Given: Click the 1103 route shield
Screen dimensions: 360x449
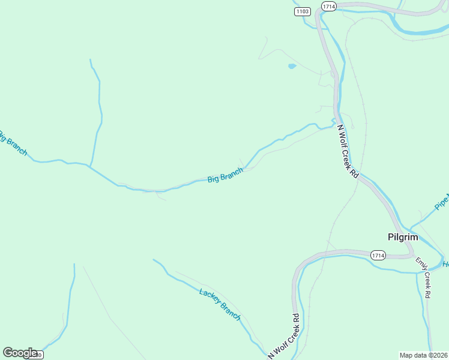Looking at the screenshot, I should [303, 11].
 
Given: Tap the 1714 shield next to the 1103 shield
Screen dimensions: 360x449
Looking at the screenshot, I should [328, 6].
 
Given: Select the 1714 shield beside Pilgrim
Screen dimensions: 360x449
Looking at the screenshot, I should [378, 254].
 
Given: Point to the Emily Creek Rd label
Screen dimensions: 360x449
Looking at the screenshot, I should [423, 278].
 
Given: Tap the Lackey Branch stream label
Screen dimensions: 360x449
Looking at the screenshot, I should [220, 303].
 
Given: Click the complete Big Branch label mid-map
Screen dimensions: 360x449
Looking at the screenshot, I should [225, 176].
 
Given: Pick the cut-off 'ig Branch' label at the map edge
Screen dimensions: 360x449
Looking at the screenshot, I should [13, 143].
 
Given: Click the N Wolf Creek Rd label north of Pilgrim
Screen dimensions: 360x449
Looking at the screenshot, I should [347, 151].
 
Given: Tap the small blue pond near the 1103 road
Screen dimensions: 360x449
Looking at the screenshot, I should [292, 66].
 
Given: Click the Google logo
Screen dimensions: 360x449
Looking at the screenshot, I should [20, 353].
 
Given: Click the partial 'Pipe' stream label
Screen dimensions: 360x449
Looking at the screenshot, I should [442, 202].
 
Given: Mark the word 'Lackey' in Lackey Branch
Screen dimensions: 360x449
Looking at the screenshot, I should [210, 296].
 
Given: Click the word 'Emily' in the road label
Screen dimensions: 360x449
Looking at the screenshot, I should [419, 266].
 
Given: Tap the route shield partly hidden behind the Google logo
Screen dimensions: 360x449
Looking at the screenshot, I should [37, 355].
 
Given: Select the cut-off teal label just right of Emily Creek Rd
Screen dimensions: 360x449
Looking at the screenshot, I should [445, 265].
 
